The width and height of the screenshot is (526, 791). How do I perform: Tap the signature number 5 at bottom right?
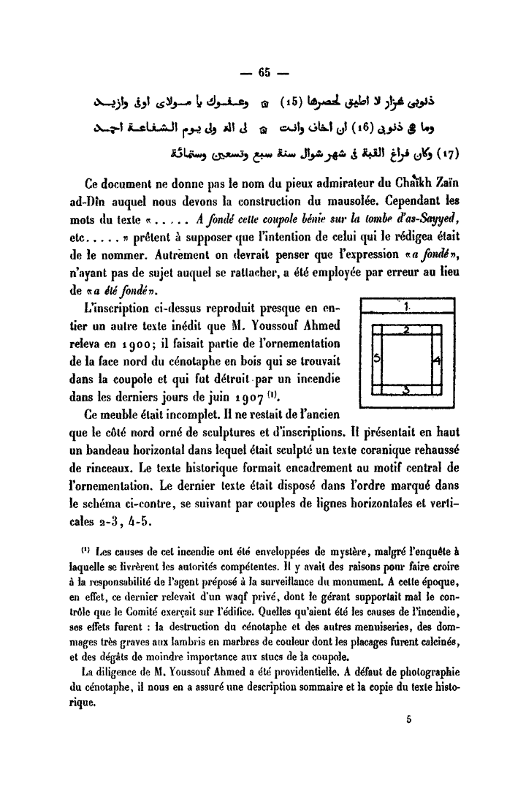(x=411, y=719)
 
